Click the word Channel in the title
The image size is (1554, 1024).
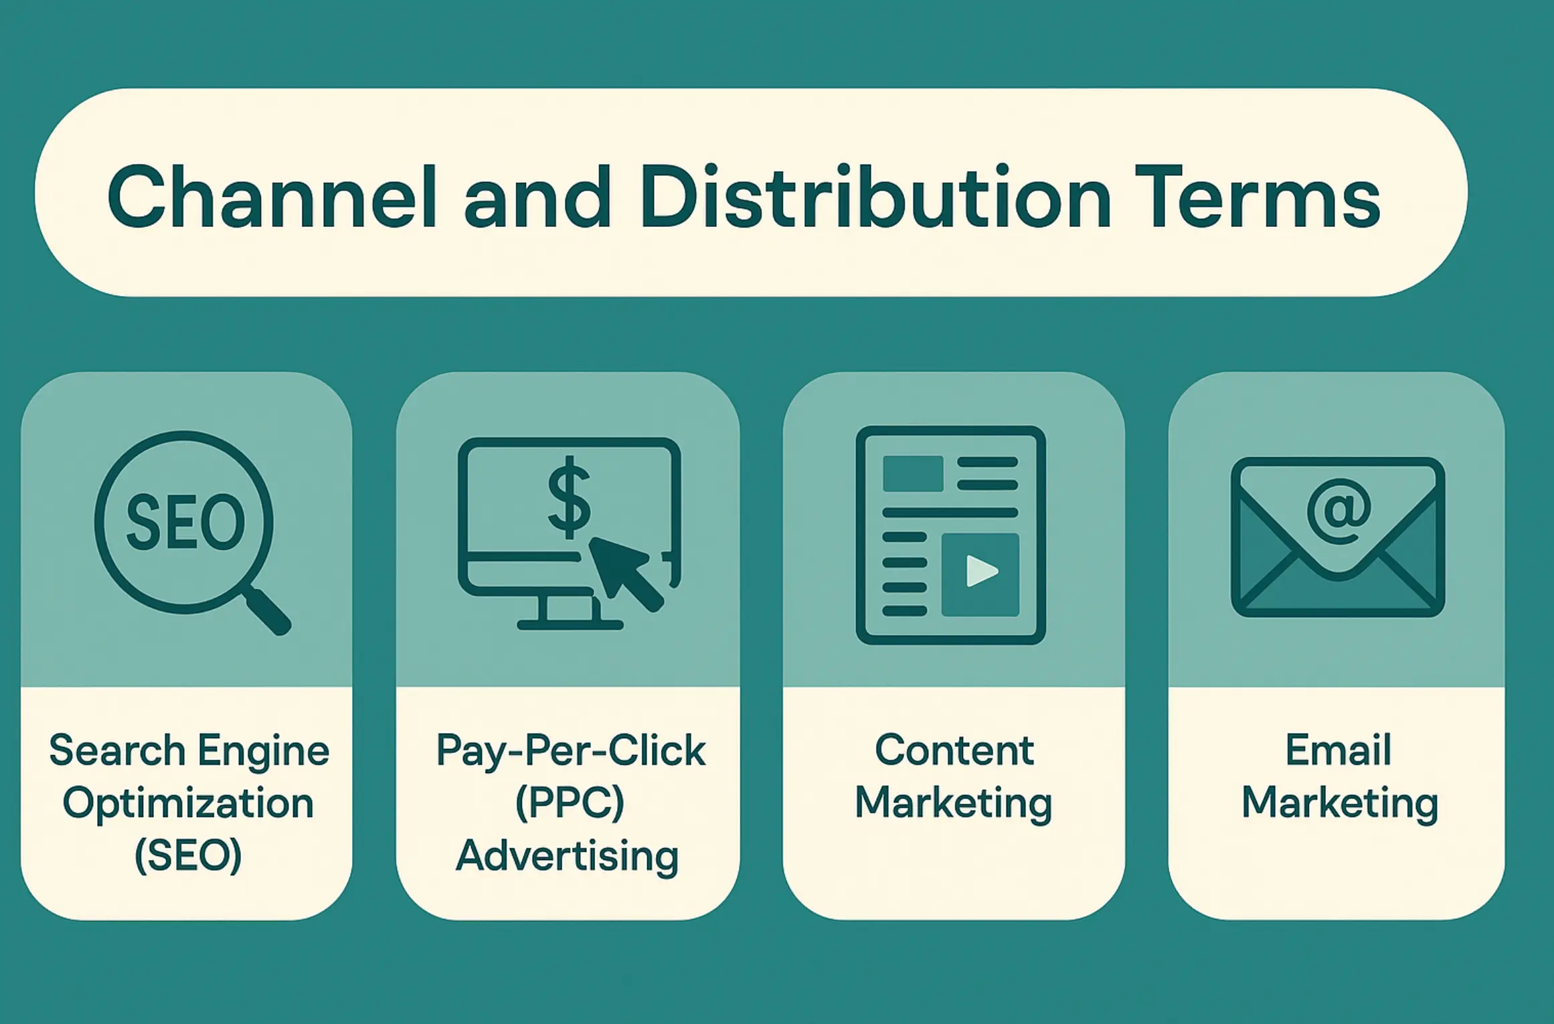(x=272, y=197)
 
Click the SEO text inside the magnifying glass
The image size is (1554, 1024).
(x=185, y=523)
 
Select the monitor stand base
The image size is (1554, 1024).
(x=570, y=624)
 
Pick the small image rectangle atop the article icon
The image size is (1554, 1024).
(x=913, y=473)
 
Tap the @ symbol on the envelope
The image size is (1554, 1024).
(x=1339, y=512)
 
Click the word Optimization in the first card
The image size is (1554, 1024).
(x=188, y=803)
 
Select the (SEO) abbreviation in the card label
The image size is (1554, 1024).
(x=188, y=855)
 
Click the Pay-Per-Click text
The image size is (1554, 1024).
(x=570, y=751)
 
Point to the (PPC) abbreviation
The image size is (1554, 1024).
(x=570, y=803)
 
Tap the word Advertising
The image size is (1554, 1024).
(x=568, y=855)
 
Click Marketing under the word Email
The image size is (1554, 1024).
(x=1340, y=803)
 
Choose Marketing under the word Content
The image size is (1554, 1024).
(x=954, y=803)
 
